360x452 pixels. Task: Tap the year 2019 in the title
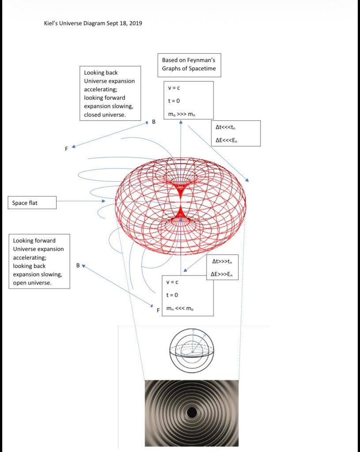click(135, 23)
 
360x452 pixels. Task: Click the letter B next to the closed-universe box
click(154, 121)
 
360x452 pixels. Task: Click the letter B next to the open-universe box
click(78, 266)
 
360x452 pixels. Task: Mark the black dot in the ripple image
click(192, 413)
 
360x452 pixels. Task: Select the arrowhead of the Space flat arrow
click(104, 201)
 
